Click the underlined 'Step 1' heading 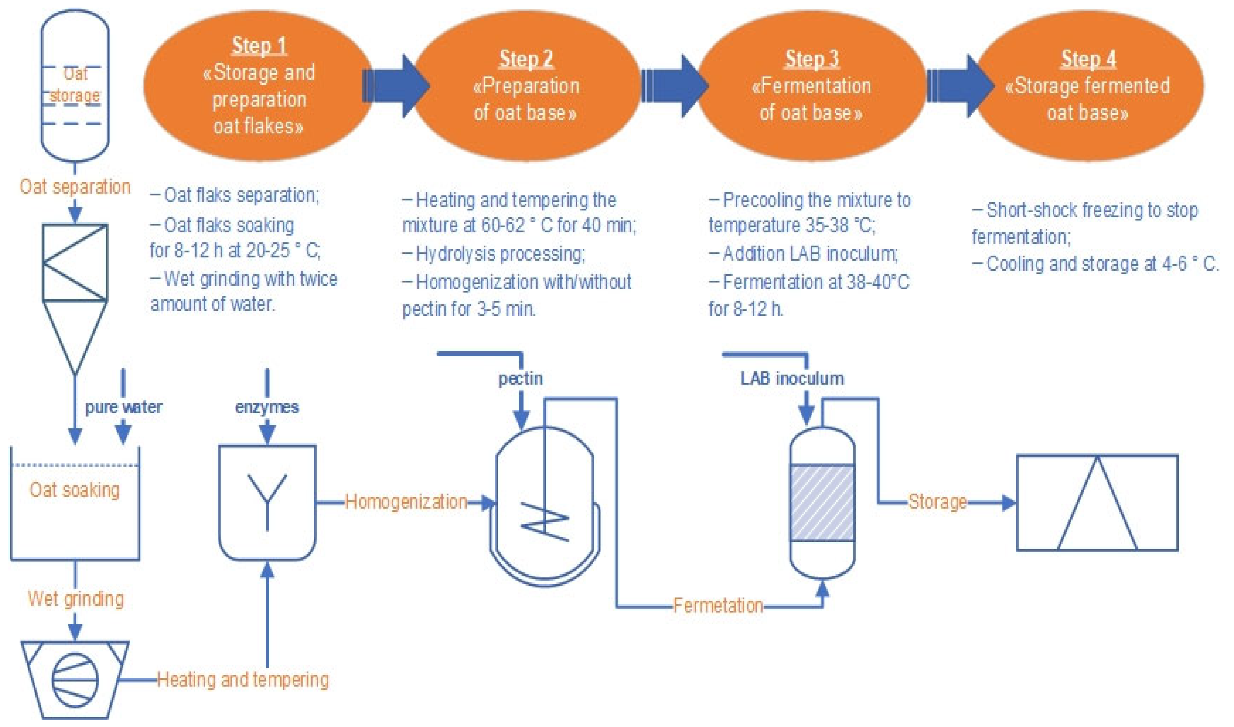(x=259, y=46)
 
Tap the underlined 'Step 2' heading (x=526, y=59)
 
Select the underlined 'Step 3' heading (x=812, y=59)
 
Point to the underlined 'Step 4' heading (x=1088, y=59)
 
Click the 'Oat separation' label (x=75, y=187)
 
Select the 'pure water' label (x=123, y=407)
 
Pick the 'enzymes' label (x=267, y=407)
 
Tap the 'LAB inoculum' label (x=792, y=378)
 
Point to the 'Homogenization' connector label (x=406, y=502)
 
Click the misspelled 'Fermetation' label (x=718, y=605)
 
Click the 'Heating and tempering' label (x=243, y=680)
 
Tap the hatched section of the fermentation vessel (x=822, y=503)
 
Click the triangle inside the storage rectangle (x=1097, y=509)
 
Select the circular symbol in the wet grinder (x=75, y=680)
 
